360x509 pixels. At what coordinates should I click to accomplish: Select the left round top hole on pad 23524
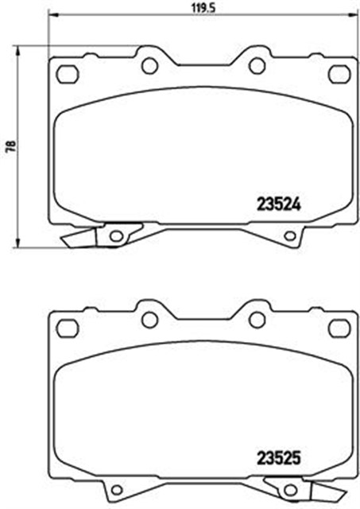click(148, 66)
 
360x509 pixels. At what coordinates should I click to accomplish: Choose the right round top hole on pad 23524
click(256, 66)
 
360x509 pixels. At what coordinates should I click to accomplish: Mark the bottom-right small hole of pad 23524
click(290, 235)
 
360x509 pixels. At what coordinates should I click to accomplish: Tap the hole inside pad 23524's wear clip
click(116, 235)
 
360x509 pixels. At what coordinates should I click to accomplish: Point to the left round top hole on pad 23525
click(148, 320)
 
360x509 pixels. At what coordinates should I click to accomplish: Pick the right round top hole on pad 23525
click(256, 320)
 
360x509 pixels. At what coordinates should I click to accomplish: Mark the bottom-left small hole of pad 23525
click(116, 489)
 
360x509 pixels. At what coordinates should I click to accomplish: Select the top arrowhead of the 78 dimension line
click(18, 50)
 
